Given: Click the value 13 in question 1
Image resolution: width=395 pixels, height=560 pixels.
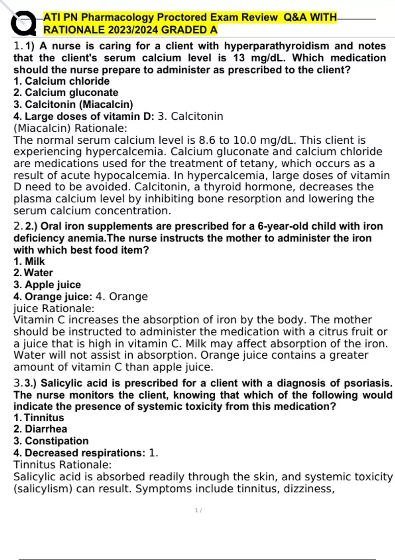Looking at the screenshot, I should pos(239,58).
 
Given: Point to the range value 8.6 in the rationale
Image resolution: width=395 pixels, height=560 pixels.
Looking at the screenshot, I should pos(208,140).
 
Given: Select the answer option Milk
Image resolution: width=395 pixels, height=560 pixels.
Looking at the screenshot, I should pos(35,261).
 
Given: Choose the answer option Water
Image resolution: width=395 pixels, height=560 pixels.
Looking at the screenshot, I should pos(38,273).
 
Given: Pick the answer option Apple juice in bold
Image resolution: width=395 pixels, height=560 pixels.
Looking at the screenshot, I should pos(53,285).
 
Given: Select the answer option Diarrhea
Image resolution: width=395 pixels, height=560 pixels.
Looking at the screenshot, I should pos(46,429).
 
